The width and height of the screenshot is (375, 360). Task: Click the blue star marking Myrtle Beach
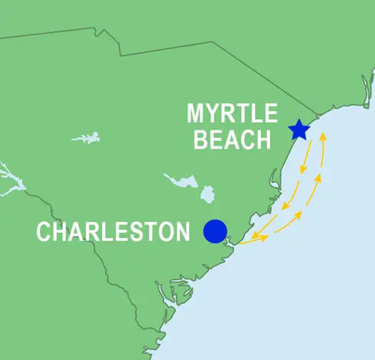coord(298,129)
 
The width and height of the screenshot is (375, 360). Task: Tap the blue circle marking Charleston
coord(215,231)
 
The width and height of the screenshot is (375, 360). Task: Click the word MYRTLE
coord(232,115)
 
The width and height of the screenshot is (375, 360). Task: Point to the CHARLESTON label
coord(112,231)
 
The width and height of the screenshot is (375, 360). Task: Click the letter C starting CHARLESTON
coord(44,231)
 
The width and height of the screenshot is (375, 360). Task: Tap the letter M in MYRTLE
coord(196,115)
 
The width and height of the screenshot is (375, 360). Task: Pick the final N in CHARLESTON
coord(181,231)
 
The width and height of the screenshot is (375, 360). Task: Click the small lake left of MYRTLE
coord(86,138)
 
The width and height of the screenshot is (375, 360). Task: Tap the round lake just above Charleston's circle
coord(207,194)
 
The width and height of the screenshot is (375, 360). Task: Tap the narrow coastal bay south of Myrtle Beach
coord(274,181)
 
